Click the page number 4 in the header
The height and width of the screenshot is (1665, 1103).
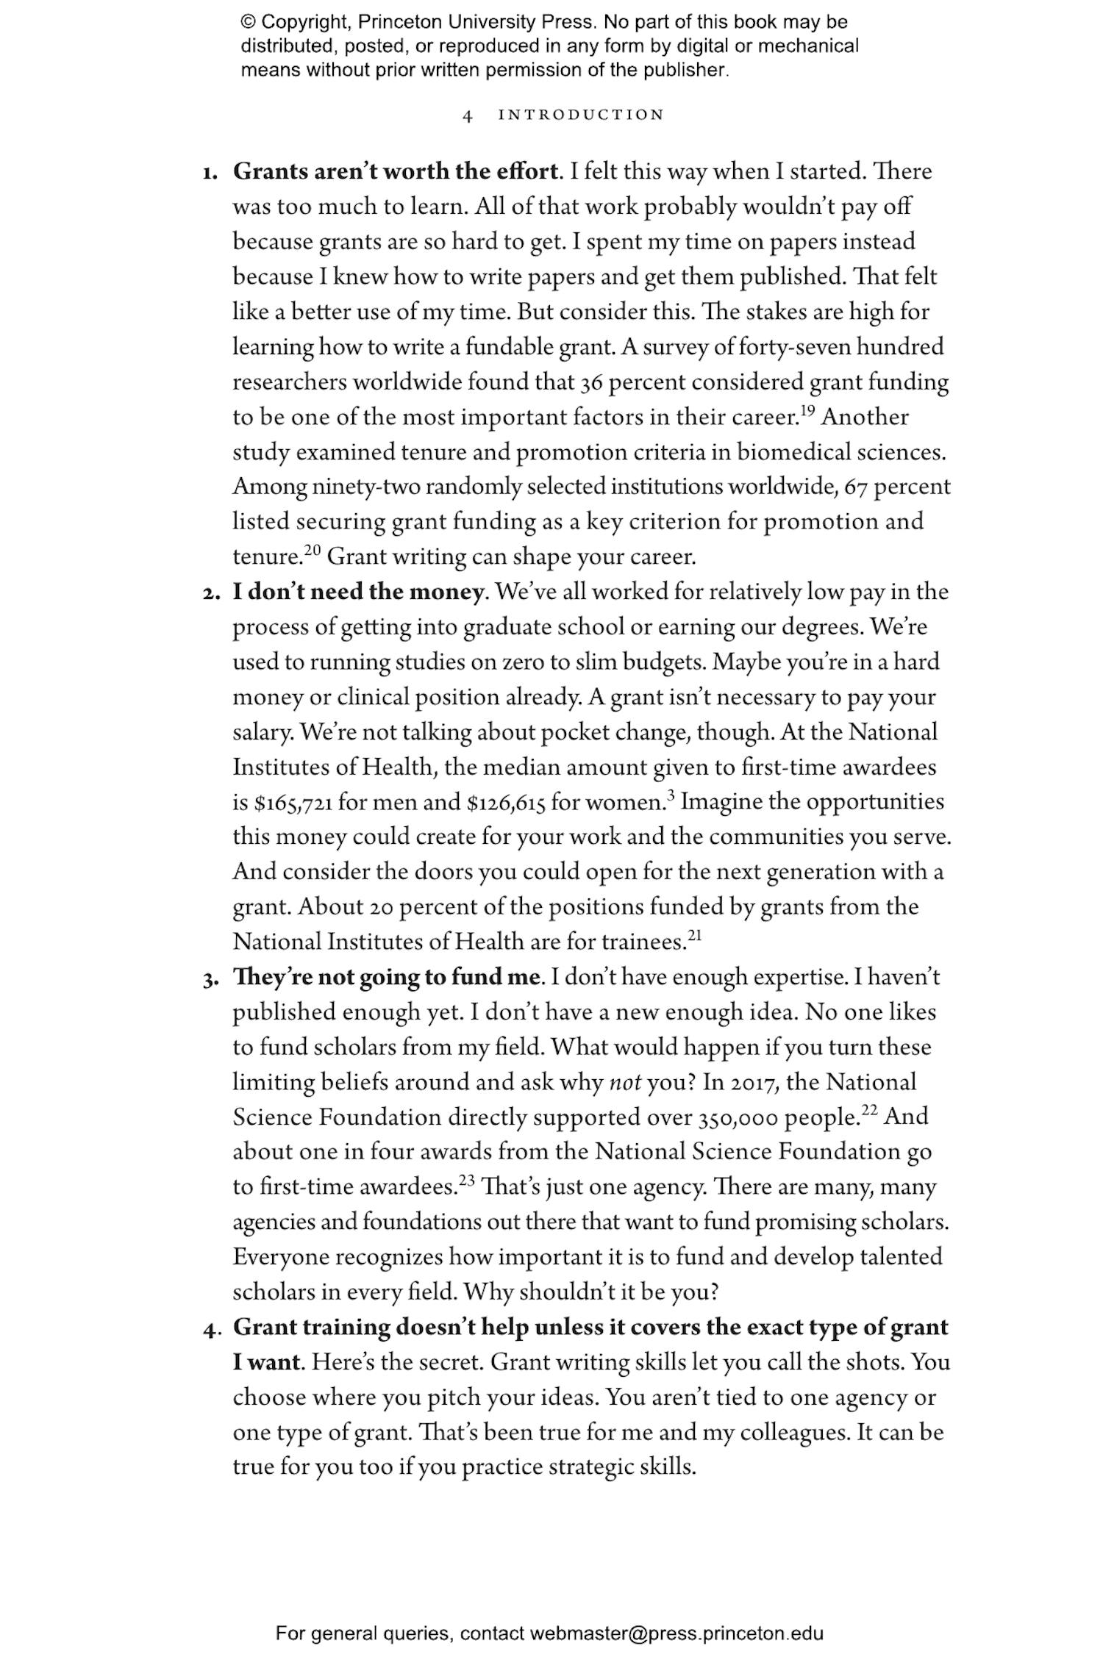[467, 115]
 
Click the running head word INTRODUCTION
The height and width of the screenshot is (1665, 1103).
[581, 115]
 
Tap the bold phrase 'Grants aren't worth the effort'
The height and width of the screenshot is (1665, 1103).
[395, 171]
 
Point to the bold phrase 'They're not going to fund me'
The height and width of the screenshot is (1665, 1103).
[387, 977]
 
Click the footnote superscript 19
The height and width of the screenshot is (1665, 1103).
[807, 411]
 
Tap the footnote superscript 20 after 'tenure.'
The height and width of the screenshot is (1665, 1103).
[313, 551]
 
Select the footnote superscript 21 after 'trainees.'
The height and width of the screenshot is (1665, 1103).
[694, 936]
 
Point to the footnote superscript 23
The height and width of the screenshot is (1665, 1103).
[466, 1181]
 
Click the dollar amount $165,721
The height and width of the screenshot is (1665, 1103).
[293, 803]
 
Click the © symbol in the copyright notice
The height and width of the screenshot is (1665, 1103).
[247, 22]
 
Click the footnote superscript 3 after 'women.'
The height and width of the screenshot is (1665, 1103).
[671, 795]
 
